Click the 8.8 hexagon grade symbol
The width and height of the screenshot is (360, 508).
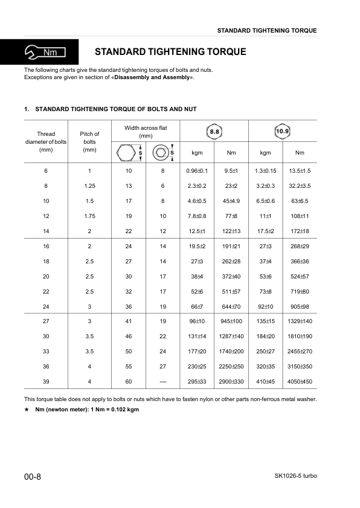(214, 131)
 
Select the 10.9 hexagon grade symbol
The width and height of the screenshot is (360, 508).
(282, 131)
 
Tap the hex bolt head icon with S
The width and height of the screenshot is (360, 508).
(127, 153)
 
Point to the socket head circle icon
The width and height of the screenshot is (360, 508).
(161, 153)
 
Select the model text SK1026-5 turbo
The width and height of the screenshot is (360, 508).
(291, 476)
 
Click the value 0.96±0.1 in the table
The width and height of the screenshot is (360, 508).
(197, 171)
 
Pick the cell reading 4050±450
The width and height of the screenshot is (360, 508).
(300, 382)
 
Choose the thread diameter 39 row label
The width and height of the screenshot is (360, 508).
(46, 382)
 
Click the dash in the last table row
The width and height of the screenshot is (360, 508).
(162, 382)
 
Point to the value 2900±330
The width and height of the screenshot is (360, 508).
(231, 382)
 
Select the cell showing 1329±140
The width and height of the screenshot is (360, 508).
(300, 321)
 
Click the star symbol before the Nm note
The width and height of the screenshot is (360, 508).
(27, 410)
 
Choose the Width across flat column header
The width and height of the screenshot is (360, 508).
(146, 132)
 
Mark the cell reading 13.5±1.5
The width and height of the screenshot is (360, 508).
(300, 171)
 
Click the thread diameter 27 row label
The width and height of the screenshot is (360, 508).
(46, 321)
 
